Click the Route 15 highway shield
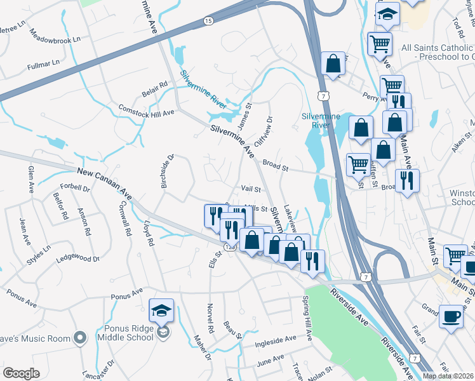click(208, 22)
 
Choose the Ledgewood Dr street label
click(78, 258)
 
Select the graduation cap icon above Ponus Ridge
click(161, 311)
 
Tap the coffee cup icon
click(451, 316)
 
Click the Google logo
click(22, 373)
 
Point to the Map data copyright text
click(448, 375)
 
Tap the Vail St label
click(251, 189)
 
